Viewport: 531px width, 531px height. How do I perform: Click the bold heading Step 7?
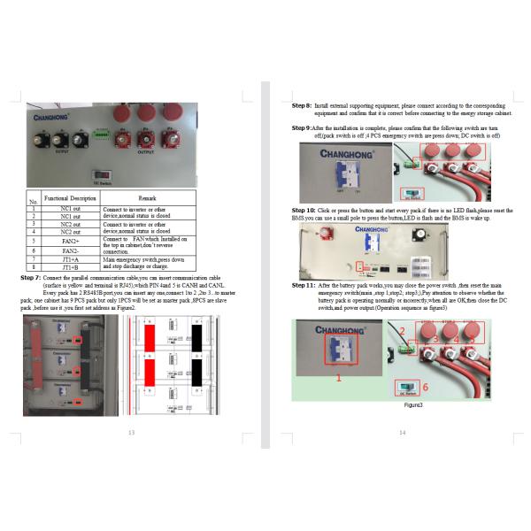pos(31,278)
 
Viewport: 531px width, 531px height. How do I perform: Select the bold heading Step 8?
pos(302,104)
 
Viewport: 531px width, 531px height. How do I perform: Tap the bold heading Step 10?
pos(304,210)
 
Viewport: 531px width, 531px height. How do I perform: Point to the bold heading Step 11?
pos(304,286)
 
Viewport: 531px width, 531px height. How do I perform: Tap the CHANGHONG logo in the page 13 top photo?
pos(56,115)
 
